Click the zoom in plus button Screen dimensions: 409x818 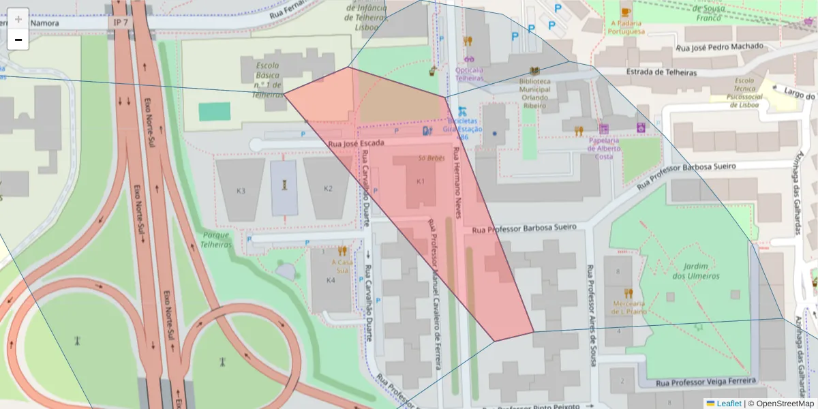[18, 18]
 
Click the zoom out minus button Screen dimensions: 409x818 [18, 40]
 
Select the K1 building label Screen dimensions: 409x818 [421, 181]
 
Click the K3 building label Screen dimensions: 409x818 [240, 190]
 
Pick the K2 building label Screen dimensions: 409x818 [328, 188]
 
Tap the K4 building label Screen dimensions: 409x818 [331, 280]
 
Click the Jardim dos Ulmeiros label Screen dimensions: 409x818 [696, 271]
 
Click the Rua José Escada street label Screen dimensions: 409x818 [356, 144]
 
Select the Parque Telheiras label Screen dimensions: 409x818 [217, 239]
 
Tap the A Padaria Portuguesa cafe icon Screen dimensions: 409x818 [626, 11]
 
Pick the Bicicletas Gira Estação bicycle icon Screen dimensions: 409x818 [463, 111]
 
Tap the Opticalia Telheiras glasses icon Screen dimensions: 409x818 [469, 59]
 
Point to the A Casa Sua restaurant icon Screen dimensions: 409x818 [342, 251]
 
